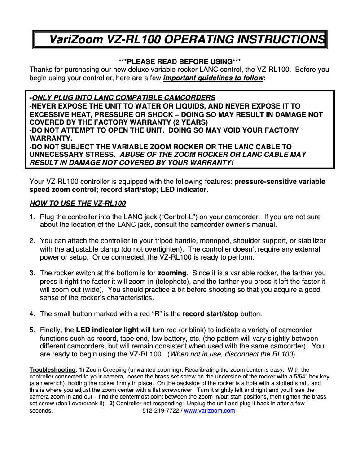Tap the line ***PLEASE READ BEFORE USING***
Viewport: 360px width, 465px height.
pyautogui.click(x=180, y=61)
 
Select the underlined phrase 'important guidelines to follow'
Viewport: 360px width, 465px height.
pyautogui.click(x=214, y=78)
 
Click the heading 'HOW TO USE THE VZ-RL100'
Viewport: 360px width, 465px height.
pyautogui.click(x=78, y=204)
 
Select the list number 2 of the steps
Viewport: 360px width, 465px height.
pyautogui.click(x=32, y=241)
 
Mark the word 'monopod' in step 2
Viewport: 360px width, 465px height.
pyautogui.click(x=213, y=241)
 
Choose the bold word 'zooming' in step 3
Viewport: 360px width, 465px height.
pyautogui.click(x=171, y=273)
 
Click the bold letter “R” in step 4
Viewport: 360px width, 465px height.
pyautogui.click(x=157, y=313)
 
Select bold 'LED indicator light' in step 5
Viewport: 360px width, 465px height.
pyautogui.click(x=107, y=330)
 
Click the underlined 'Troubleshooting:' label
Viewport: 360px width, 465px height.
pyautogui.click(x=53, y=369)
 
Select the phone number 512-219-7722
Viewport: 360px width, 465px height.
pyautogui.click(x=160, y=411)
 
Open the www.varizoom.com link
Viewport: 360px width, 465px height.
pyautogui.click(x=210, y=411)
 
